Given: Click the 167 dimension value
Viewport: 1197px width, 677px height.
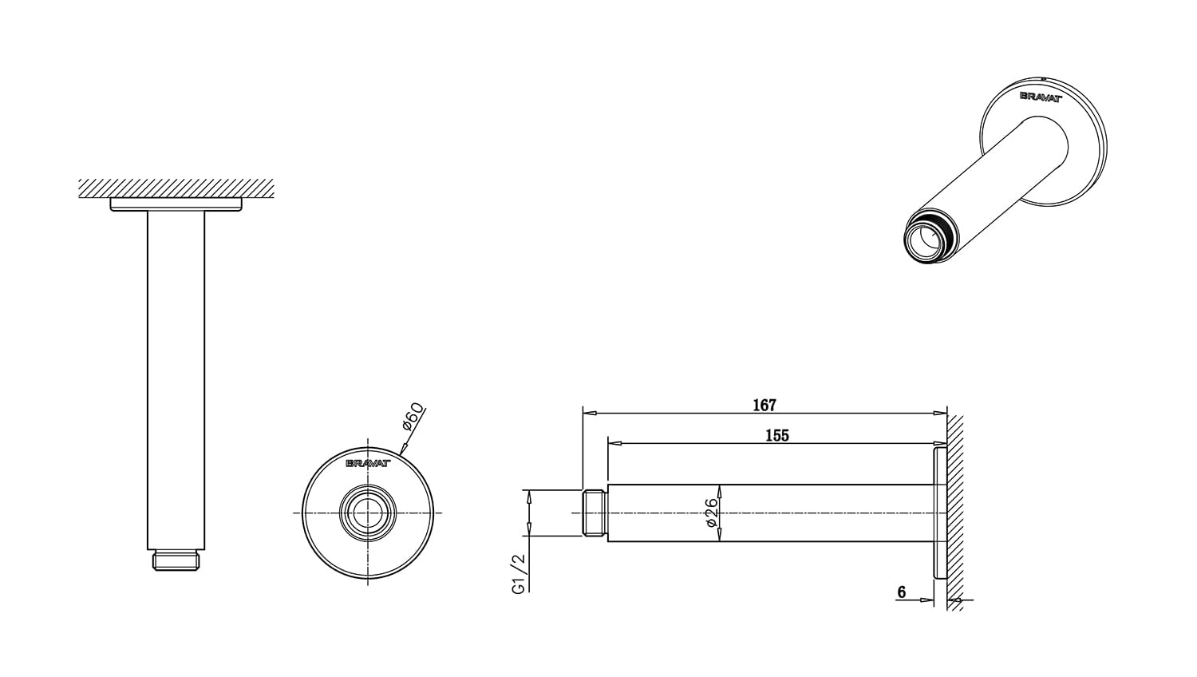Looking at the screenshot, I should pyautogui.click(x=764, y=406).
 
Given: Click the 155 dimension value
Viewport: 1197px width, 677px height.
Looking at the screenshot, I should pyautogui.click(x=776, y=435).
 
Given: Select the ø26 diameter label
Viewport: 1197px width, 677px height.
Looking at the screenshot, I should pyautogui.click(x=711, y=513).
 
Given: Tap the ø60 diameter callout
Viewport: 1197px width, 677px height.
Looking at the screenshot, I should pyautogui.click(x=413, y=417).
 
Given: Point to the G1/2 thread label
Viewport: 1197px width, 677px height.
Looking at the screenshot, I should pyautogui.click(x=518, y=575).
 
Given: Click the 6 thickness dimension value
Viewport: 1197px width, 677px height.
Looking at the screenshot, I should pyautogui.click(x=902, y=592).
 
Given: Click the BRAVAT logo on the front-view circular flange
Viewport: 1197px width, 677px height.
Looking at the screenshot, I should pyautogui.click(x=367, y=462).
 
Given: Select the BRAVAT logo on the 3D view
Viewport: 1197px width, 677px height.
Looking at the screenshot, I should pyautogui.click(x=1041, y=96).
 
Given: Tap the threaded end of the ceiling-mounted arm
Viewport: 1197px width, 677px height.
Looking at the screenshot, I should pyautogui.click(x=176, y=560).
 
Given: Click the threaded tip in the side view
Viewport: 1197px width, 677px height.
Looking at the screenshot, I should pyautogui.click(x=595, y=513).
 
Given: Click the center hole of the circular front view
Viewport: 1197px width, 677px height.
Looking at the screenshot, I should pyautogui.click(x=367, y=513).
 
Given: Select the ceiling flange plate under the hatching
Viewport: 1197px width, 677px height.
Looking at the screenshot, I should pyautogui.click(x=176, y=204).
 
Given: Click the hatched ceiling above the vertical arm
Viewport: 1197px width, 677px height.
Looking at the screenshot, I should pyautogui.click(x=176, y=188).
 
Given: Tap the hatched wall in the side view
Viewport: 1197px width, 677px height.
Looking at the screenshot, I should pyautogui.click(x=955, y=511).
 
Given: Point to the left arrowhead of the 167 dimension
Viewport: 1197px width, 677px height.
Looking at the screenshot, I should pyautogui.click(x=589, y=414).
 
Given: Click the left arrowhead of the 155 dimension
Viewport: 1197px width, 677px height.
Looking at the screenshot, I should pyautogui.click(x=614, y=443).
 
